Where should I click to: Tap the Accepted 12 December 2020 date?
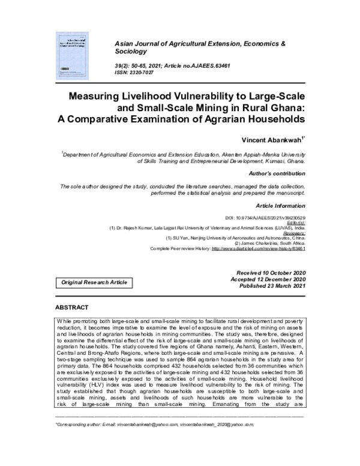(x=272, y=280)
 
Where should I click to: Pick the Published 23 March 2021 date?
(x=272, y=287)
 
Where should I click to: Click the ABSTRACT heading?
(x=72, y=307)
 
